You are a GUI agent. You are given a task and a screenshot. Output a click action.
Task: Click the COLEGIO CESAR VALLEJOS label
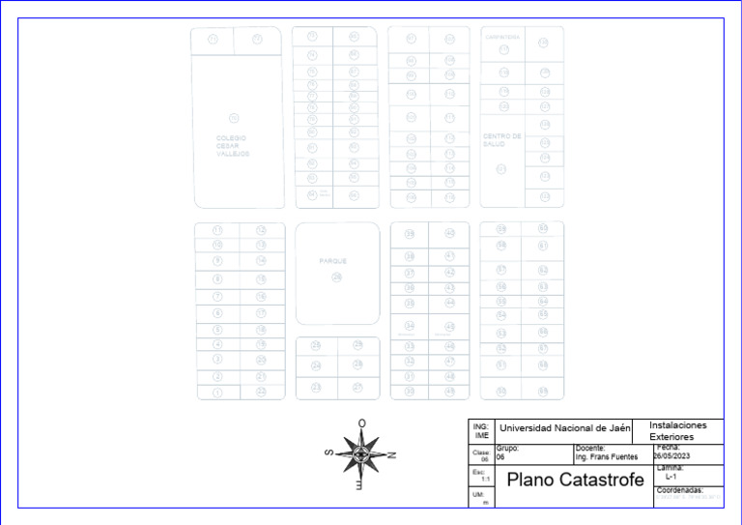[x=233, y=146]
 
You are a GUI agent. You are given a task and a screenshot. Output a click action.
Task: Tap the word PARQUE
[x=333, y=261]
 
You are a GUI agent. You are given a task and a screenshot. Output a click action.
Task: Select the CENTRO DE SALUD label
[x=502, y=140]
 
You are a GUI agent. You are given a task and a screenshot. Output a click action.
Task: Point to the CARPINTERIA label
[x=502, y=38]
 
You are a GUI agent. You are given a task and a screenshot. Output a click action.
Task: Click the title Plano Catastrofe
[x=575, y=480]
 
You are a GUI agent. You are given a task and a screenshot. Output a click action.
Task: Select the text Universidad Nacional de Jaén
[x=564, y=427]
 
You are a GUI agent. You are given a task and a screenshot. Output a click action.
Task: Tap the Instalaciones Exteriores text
[x=678, y=431]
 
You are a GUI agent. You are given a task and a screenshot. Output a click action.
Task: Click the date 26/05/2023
[x=673, y=456]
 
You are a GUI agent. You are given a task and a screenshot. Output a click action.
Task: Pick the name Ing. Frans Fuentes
[x=607, y=456]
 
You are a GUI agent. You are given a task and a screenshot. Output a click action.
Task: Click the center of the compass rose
[x=361, y=453]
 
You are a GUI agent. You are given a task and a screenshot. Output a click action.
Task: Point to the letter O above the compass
[x=361, y=423]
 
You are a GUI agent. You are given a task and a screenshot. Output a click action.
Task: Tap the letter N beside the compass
[x=391, y=454]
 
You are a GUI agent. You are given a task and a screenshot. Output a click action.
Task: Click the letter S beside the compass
[x=329, y=452]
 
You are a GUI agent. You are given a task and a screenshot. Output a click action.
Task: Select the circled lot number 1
[x=218, y=393]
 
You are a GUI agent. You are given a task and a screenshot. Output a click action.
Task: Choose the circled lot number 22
[x=261, y=392]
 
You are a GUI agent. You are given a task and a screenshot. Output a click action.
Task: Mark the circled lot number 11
[x=218, y=231]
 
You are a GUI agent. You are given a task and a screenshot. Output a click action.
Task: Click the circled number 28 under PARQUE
[x=336, y=277]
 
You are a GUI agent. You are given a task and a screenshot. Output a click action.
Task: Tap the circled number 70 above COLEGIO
[x=233, y=117]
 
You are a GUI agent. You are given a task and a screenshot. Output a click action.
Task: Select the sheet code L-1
[x=671, y=477]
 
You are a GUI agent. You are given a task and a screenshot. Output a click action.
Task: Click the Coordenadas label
[x=679, y=490]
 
